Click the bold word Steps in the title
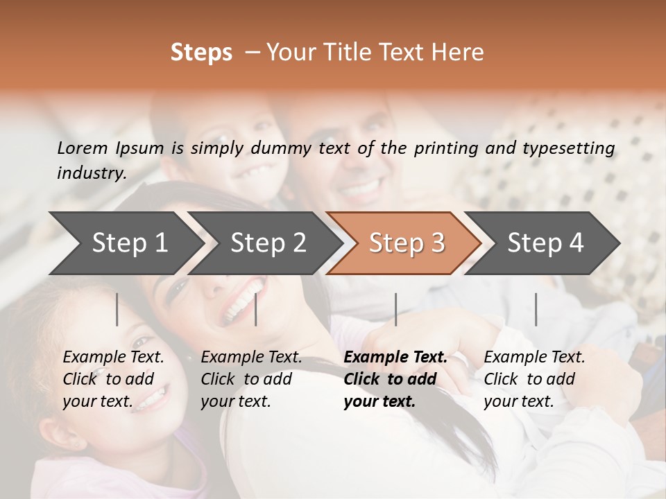[x=201, y=53]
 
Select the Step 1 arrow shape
[x=125, y=243]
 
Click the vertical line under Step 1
[x=117, y=309]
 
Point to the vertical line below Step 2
[x=256, y=309]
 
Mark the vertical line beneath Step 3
[x=395, y=309]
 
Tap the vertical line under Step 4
[x=536, y=309]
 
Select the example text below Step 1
[x=113, y=379]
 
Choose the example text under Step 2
[x=251, y=379]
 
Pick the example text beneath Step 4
[x=534, y=379]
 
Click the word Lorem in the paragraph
[x=82, y=148]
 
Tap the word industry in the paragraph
[x=91, y=173]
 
